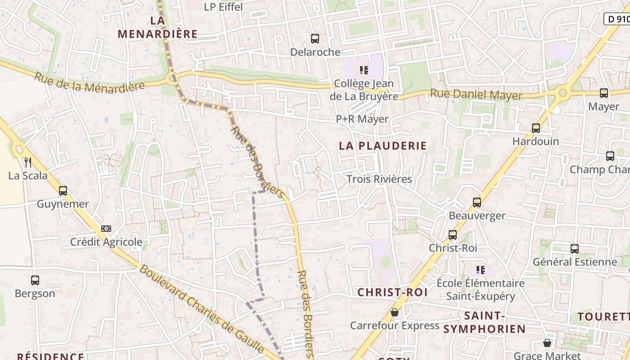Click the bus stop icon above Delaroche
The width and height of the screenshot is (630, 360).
315,39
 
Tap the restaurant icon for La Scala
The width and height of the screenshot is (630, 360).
28,162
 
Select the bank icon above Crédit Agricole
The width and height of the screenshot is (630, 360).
106,229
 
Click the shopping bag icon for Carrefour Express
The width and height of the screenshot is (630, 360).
395,312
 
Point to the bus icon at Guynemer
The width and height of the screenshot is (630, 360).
63,191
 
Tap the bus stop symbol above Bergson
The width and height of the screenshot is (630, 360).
35,280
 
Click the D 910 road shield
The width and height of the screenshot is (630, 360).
617,19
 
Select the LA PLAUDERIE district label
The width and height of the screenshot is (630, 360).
382,146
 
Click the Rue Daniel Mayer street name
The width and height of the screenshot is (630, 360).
476,95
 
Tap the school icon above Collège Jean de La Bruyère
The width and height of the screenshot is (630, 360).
364,70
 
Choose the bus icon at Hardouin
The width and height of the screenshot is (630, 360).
536,128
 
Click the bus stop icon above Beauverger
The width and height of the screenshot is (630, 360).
477,202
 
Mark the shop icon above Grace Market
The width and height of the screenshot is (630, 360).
547,343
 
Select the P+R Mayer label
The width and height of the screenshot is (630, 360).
362,119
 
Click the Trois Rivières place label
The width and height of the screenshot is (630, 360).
379,179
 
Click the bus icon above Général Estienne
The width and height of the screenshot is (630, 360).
575,249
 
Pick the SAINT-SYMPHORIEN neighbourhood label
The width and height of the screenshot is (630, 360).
484,322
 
